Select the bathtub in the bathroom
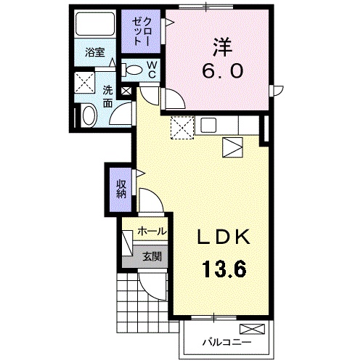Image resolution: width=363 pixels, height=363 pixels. [94, 27]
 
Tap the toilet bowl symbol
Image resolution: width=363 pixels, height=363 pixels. [134, 70]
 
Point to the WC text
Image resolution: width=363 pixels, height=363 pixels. [153, 70]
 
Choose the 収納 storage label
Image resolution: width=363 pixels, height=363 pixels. [121, 187]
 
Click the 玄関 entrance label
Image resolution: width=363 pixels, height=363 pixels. [152, 256]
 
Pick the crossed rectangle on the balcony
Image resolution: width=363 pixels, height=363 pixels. [258, 327]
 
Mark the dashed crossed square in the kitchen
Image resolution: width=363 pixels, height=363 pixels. [181, 129]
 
